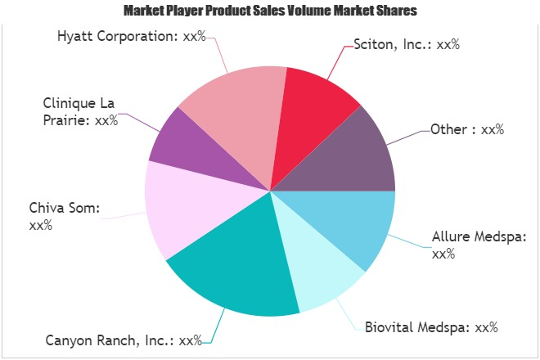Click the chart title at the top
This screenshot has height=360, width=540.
pos(269,11)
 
